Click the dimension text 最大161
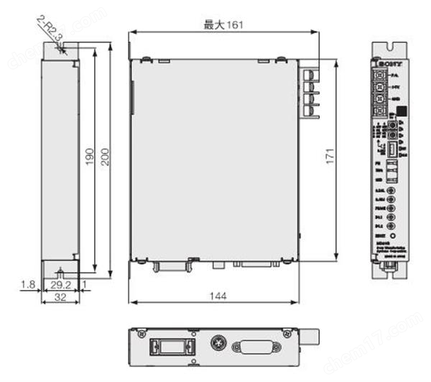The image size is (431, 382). point(223,25)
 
